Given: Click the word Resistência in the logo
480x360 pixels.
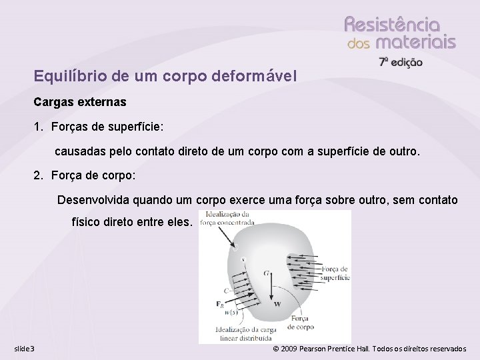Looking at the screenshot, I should pyautogui.click(x=392, y=25).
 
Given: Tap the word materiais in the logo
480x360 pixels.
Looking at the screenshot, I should pyautogui.click(x=415, y=43).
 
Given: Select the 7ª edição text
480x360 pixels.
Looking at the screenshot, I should pyautogui.click(x=401, y=62).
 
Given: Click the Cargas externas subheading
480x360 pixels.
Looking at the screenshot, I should pyautogui.click(x=80, y=103).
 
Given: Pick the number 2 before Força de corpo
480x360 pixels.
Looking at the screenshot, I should pyautogui.click(x=37, y=176).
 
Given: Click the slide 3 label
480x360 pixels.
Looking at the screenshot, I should pyautogui.click(x=25, y=349).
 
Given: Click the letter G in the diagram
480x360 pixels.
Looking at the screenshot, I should pyautogui.click(x=267, y=273).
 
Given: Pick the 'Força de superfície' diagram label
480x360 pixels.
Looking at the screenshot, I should pyautogui.click(x=335, y=273).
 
